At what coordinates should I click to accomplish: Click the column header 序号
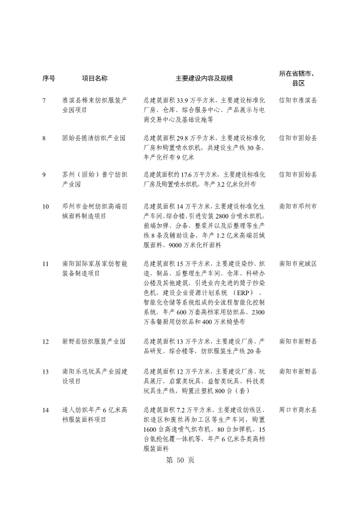49,78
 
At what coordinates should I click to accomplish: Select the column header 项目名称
94,78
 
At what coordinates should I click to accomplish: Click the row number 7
44,101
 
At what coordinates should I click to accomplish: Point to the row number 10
45,206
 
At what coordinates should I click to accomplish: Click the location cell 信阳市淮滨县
298,101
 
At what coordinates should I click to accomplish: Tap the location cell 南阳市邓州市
298,206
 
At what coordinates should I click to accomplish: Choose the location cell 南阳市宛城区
298,247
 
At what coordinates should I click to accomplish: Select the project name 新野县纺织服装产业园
94,341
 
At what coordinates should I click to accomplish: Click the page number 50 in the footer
180,460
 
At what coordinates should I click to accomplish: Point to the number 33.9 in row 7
185,101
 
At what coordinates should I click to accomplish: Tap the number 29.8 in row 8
185,138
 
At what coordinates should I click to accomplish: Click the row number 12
45,341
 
